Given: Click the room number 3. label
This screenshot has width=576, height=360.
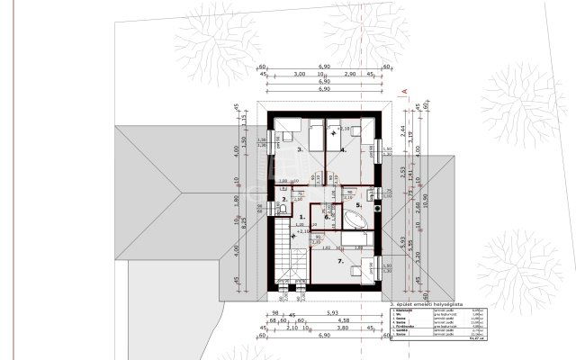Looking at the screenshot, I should pos(301,149).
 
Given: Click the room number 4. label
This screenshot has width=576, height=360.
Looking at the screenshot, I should pos(344,150).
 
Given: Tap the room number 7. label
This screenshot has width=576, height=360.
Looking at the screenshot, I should pos(341,261).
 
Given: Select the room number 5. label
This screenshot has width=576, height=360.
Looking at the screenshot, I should pos(357,205).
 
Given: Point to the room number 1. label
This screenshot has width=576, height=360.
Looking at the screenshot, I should pos(301,217).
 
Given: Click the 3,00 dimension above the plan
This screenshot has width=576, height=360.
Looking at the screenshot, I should pos(299,75).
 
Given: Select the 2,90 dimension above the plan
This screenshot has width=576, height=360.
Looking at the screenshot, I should pos(351,75).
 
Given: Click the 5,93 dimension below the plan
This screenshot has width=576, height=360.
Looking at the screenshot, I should pos(319,312).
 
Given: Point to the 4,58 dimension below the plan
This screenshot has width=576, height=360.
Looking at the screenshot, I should pos(343,320).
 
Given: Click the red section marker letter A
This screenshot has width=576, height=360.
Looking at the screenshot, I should pos(406,91).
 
